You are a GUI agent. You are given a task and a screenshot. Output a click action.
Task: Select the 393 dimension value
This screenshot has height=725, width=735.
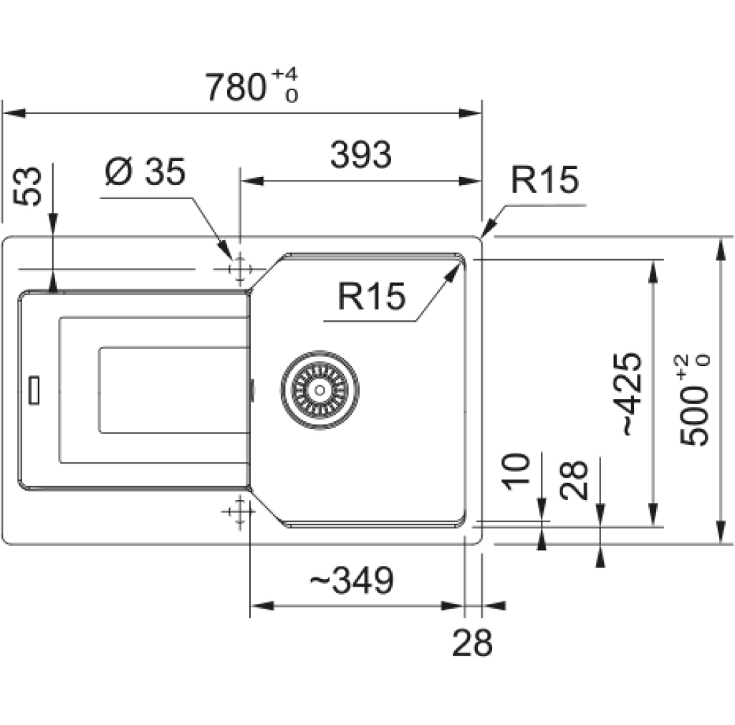coord(361,155)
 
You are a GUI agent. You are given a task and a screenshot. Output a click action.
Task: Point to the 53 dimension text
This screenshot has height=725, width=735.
coord(27,186)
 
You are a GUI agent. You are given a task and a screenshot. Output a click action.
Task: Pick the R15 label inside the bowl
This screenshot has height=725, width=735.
coord(371,296)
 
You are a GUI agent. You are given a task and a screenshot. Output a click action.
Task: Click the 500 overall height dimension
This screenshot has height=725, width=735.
coord(694,400)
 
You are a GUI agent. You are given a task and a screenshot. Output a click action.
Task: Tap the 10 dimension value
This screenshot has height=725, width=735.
coord(516,471)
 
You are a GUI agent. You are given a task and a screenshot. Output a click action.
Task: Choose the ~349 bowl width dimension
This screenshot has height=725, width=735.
coord(352,580)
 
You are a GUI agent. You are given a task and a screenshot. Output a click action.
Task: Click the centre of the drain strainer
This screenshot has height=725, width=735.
coord(320,390)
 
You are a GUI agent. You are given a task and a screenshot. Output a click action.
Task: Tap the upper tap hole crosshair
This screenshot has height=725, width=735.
coord(239,269)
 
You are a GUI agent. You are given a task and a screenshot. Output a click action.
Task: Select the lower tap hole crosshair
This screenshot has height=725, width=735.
coord(239,512)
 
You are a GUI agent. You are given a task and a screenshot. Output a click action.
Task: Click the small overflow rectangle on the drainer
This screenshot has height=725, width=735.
coord(34,390)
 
